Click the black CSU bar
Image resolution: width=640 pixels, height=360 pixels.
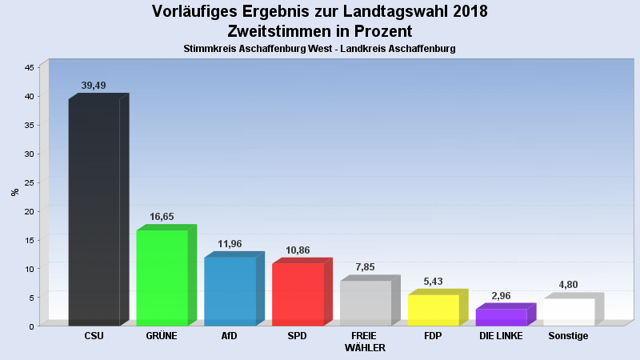point(94,212)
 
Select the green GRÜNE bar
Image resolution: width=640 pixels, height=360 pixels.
point(162,278)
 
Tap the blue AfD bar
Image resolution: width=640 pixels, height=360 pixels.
point(230,291)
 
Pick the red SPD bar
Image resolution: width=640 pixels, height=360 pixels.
point(298,294)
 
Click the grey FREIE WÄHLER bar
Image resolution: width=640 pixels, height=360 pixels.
point(366,303)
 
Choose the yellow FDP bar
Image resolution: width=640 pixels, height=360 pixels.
point(433,310)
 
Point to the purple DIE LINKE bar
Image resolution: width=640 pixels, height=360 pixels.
point(501,318)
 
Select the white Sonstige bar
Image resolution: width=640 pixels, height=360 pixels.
point(569,312)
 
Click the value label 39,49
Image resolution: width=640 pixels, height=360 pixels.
point(94,86)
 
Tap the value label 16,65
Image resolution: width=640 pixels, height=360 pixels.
point(162,217)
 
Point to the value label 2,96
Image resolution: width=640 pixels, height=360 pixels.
point(501,296)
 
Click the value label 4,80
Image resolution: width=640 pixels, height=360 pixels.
point(569,285)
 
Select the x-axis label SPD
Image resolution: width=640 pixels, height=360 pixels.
point(297,336)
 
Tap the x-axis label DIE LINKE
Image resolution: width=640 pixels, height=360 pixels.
point(501,336)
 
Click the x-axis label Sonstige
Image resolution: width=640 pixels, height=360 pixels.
point(568,336)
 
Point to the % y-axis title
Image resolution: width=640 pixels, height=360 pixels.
point(14,192)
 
